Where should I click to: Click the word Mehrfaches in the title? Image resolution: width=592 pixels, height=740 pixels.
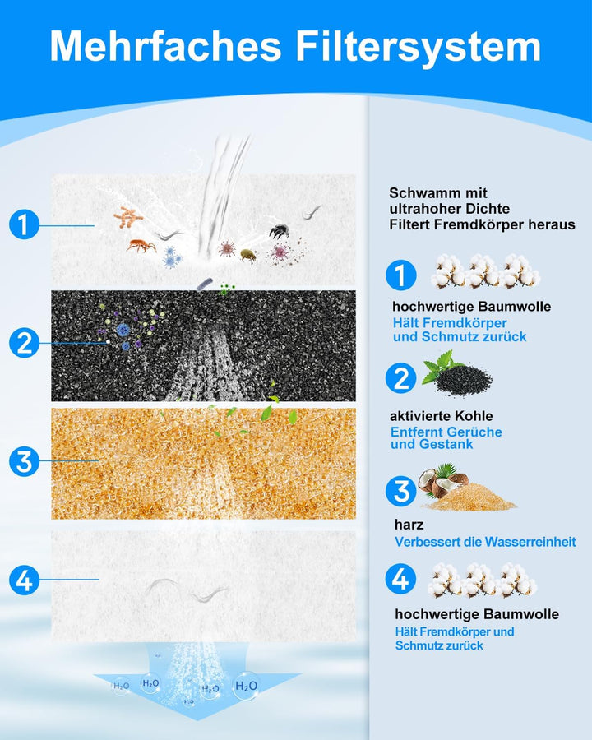pyautogui.click(x=165, y=47)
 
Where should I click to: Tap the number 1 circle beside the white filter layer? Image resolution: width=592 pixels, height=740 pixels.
pyautogui.click(x=24, y=224)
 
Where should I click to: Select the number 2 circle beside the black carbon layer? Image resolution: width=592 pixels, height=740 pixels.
pyautogui.click(x=24, y=343)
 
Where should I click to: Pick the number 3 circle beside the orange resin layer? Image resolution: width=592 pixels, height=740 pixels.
pyautogui.click(x=24, y=461)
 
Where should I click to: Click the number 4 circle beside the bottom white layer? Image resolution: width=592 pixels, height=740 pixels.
pyautogui.click(x=24, y=580)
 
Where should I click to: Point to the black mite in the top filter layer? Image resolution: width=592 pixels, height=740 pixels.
pyautogui.click(x=279, y=231)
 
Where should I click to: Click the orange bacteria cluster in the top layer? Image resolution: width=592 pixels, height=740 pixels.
pyautogui.click(x=128, y=217)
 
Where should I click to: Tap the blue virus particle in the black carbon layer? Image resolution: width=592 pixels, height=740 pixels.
pyautogui.click(x=123, y=330)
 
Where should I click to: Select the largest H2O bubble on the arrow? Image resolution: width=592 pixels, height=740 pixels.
pyautogui.click(x=246, y=686)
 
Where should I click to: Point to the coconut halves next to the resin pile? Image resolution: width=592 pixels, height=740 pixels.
pyautogui.click(x=442, y=479)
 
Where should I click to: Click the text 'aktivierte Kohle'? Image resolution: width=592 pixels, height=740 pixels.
pyautogui.click(x=441, y=416)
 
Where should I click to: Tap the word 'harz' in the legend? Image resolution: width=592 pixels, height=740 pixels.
pyautogui.click(x=409, y=525)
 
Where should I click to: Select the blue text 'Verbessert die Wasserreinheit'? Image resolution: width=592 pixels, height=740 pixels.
pyautogui.click(x=485, y=542)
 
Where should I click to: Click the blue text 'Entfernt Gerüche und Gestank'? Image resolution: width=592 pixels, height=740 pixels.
pyautogui.click(x=446, y=438)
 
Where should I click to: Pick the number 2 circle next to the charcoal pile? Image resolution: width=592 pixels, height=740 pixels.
pyautogui.click(x=400, y=378)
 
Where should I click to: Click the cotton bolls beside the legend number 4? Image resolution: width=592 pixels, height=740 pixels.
pyautogui.click(x=483, y=580)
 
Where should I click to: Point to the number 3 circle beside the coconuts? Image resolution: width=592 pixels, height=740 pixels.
pyautogui.click(x=400, y=491)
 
